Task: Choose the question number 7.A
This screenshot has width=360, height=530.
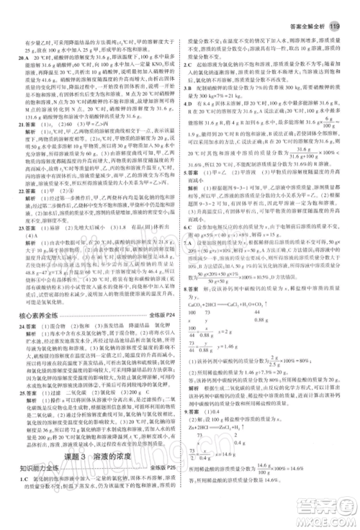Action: pos(189,242)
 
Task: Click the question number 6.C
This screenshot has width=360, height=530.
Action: pos(189,225)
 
